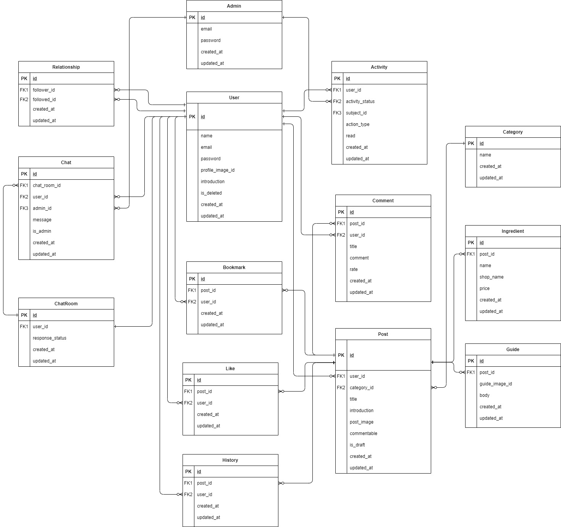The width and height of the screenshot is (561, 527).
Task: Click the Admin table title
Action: coord(234,6)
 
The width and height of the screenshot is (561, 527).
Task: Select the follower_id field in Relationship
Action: coord(44,90)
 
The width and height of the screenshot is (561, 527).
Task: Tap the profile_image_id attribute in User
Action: coord(217,170)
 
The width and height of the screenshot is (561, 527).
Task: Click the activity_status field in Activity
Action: coord(360,102)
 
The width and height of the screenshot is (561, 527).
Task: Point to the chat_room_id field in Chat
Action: coord(47,185)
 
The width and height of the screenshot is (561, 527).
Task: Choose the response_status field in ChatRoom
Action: coord(49,338)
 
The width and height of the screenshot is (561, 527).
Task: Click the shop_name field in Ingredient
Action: coord(491,277)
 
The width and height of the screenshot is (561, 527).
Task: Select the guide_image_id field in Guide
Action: coord(496,384)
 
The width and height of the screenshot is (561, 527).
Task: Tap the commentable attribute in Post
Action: coord(363,434)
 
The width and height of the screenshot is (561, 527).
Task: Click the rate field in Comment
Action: coord(354,269)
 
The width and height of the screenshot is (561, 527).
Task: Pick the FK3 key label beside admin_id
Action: coord(24,208)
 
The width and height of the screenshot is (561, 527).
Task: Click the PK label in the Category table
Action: coord(471,143)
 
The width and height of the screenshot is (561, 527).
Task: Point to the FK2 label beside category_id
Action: coord(341,388)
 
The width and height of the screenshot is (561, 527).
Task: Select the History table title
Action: coord(230,460)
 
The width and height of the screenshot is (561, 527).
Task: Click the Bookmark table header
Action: coord(234,268)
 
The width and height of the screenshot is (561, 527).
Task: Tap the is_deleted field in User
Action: coord(211,193)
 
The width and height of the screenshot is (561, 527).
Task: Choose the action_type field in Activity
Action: coord(357,124)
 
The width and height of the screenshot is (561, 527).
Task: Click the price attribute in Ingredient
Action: coord(484,288)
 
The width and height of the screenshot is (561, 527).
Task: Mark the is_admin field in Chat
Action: coord(42,231)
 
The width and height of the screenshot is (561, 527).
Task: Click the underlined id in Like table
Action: coord(199,380)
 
